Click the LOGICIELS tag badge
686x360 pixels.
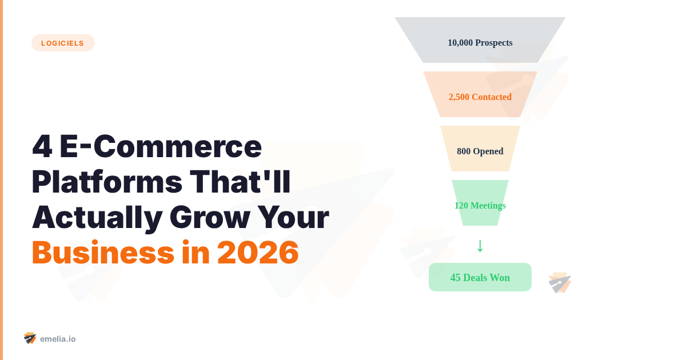pyautogui.click(x=63, y=43)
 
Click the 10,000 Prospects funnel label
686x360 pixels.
pyautogui.click(x=480, y=43)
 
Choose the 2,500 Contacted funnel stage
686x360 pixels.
pyautogui.click(x=480, y=97)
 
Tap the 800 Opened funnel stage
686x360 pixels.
pyautogui.click(x=480, y=151)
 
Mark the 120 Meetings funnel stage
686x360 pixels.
pyautogui.click(x=480, y=206)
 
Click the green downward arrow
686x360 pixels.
pyautogui.click(x=480, y=245)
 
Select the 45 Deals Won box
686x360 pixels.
pyautogui.click(x=480, y=278)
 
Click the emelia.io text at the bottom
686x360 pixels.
pyautogui.click(x=58, y=339)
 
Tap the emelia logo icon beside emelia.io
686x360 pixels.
pyautogui.click(x=30, y=338)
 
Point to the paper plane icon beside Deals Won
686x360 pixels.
pyautogui.click(x=560, y=283)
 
